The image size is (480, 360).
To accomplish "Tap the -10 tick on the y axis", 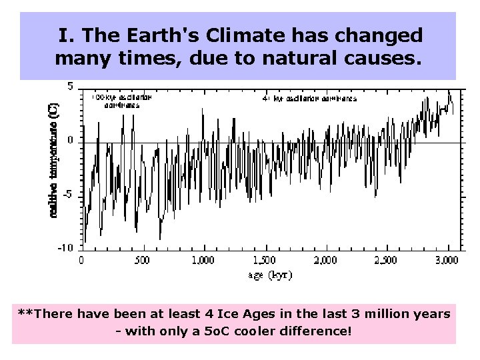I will coord(66,248).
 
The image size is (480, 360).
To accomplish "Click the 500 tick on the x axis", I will coord(142,260).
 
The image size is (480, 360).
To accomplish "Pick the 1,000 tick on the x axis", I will coord(203,260).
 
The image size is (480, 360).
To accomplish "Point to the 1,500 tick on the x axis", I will coord(264,260).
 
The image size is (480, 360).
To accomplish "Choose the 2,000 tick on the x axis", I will coord(325,260).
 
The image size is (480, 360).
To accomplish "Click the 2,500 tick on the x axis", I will coord(386,260).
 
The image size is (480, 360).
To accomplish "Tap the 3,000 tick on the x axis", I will coord(447,260).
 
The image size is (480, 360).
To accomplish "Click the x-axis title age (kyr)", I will coord(270,274).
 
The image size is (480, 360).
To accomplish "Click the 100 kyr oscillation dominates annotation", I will coord(122,100).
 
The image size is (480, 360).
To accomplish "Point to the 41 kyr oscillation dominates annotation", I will coord(309,99).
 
